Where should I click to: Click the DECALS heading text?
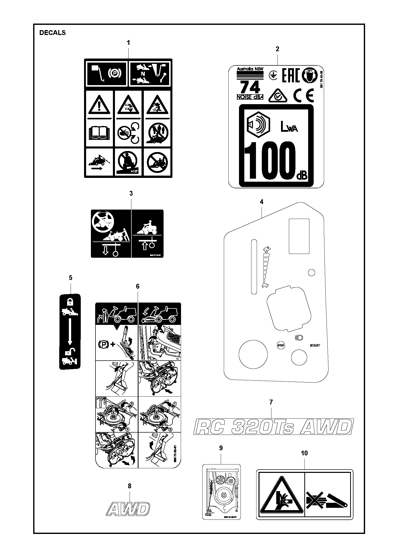pyautogui.click(x=52, y=33)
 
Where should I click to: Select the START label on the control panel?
pyautogui.click(x=315, y=345)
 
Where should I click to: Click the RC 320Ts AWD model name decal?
pyautogui.click(x=273, y=426)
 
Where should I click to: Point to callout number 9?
pyautogui.click(x=221, y=448)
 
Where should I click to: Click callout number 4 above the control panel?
pyautogui.click(x=262, y=202)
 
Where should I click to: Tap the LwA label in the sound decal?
pyautogui.click(x=289, y=127)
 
